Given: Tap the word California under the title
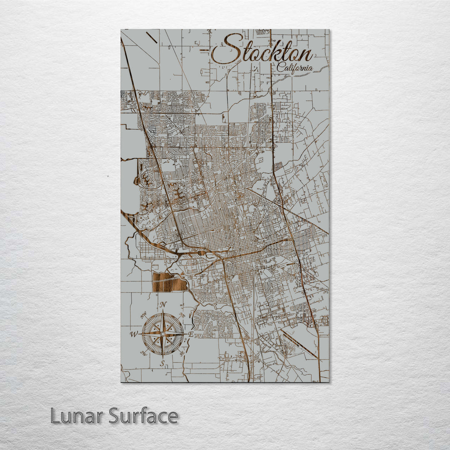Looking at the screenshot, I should pos(294,68).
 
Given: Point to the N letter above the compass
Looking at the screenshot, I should pos(163,304).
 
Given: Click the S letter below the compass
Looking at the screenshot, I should pos(162,364).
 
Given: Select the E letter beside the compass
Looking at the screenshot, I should pos(190,334).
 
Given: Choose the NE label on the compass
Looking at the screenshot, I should pos(182,315).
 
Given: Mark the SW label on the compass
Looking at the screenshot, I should pos(144,354).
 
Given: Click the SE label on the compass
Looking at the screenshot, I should pos(182,353).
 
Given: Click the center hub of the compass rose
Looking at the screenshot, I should pos(162,334).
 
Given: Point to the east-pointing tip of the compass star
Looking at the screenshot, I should pos(185,334).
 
